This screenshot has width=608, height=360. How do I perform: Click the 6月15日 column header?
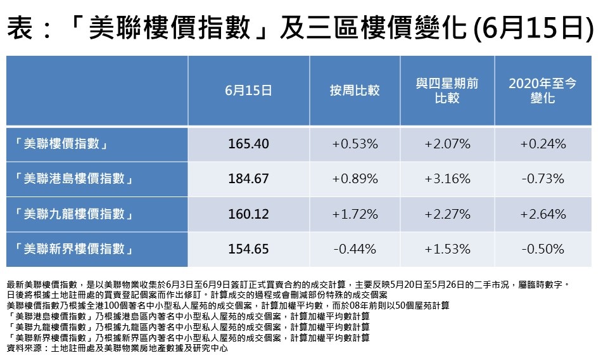248,91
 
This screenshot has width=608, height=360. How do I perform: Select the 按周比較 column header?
355,91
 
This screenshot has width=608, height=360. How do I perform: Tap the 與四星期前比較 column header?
447,91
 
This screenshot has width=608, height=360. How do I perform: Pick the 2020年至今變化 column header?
543,91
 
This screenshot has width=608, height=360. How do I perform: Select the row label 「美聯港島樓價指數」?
75,179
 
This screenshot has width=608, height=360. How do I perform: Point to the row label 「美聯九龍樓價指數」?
75,214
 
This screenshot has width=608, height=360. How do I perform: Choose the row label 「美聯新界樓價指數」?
75,249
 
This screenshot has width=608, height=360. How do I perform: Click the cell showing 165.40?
248,144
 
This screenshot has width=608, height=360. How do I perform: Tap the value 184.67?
248,179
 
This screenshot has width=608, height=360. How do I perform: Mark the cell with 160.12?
248,214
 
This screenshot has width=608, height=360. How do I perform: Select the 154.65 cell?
248,249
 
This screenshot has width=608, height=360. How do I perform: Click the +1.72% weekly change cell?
355,214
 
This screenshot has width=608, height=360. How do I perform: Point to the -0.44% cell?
355,249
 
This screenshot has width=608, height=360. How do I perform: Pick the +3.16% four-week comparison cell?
447,179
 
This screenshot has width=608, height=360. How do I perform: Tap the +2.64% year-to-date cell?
543,214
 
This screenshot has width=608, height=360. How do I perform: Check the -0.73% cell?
543,179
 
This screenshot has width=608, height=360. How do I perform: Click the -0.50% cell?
543,249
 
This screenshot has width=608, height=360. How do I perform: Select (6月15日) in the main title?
533,29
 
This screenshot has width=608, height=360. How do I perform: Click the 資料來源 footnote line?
117,348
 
